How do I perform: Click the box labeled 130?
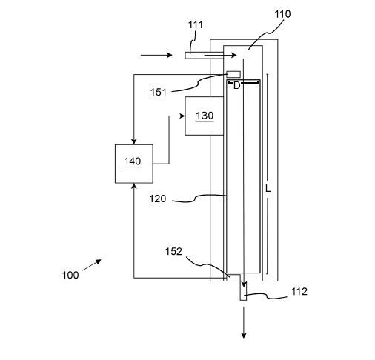point(205,116)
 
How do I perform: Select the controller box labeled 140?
point(134,164)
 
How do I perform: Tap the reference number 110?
point(282,14)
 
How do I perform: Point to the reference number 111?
point(196,24)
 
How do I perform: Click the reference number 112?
point(299,292)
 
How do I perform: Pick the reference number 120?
point(158,199)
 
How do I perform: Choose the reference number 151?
point(159,93)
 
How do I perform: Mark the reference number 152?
point(173,251)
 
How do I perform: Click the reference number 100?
point(70,275)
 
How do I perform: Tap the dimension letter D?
point(236,86)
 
